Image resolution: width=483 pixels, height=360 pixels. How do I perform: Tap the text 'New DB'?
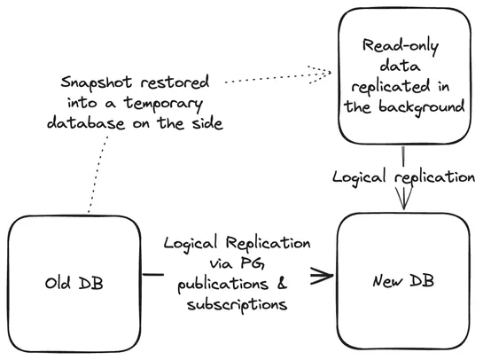(x=404, y=283)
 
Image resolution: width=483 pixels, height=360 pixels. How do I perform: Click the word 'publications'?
(x=216, y=285)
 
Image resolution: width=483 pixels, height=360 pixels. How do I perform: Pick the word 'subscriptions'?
(x=237, y=305)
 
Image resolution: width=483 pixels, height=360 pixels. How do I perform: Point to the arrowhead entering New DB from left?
(x=324, y=274)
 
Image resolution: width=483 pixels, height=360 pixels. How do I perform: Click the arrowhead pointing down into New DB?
(x=405, y=203)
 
